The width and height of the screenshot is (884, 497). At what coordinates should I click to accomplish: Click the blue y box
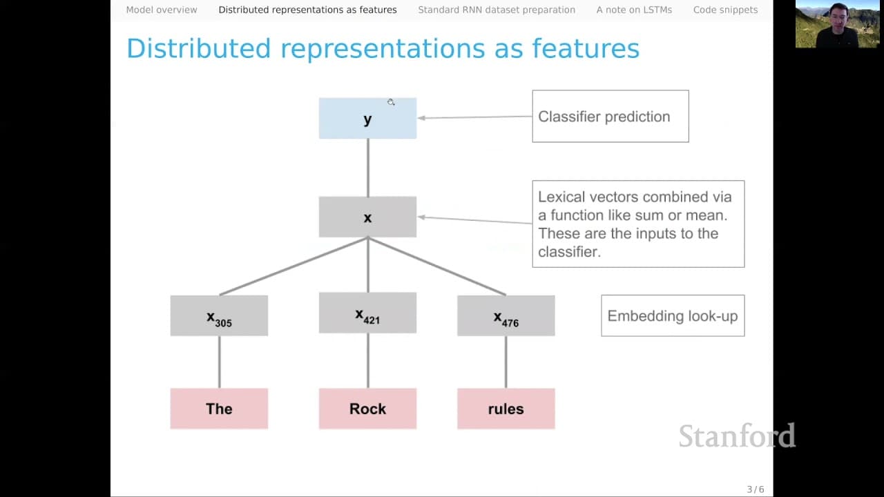pos(367,118)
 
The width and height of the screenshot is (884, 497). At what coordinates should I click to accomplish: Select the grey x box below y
pos(367,217)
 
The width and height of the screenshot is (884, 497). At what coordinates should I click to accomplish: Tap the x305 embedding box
pos(219,315)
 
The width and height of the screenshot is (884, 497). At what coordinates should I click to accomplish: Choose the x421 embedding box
pos(367,313)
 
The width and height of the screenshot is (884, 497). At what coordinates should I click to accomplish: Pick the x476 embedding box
pos(506,315)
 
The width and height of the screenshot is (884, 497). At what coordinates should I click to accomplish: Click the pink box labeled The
pos(219,409)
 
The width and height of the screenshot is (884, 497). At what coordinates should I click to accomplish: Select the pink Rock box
pos(367,409)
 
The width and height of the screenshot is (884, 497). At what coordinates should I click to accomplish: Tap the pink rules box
pos(506,409)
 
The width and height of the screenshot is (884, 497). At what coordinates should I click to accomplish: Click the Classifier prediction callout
pos(611,117)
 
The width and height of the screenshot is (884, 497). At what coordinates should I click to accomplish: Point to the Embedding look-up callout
pos(673,315)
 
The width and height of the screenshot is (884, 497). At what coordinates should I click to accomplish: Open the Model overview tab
pos(162,10)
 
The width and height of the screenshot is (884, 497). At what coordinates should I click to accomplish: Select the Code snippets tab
pos(725,10)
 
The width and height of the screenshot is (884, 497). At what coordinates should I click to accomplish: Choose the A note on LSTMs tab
pos(634,10)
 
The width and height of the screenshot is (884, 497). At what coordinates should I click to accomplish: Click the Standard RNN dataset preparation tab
pos(497,10)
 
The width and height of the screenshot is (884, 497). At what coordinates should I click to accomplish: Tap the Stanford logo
pos(737,436)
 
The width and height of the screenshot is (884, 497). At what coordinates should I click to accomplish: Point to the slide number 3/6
pos(756,489)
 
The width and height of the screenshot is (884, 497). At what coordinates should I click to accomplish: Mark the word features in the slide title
pos(586,49)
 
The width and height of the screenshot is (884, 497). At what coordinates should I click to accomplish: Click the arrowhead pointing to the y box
pos(421,118)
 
